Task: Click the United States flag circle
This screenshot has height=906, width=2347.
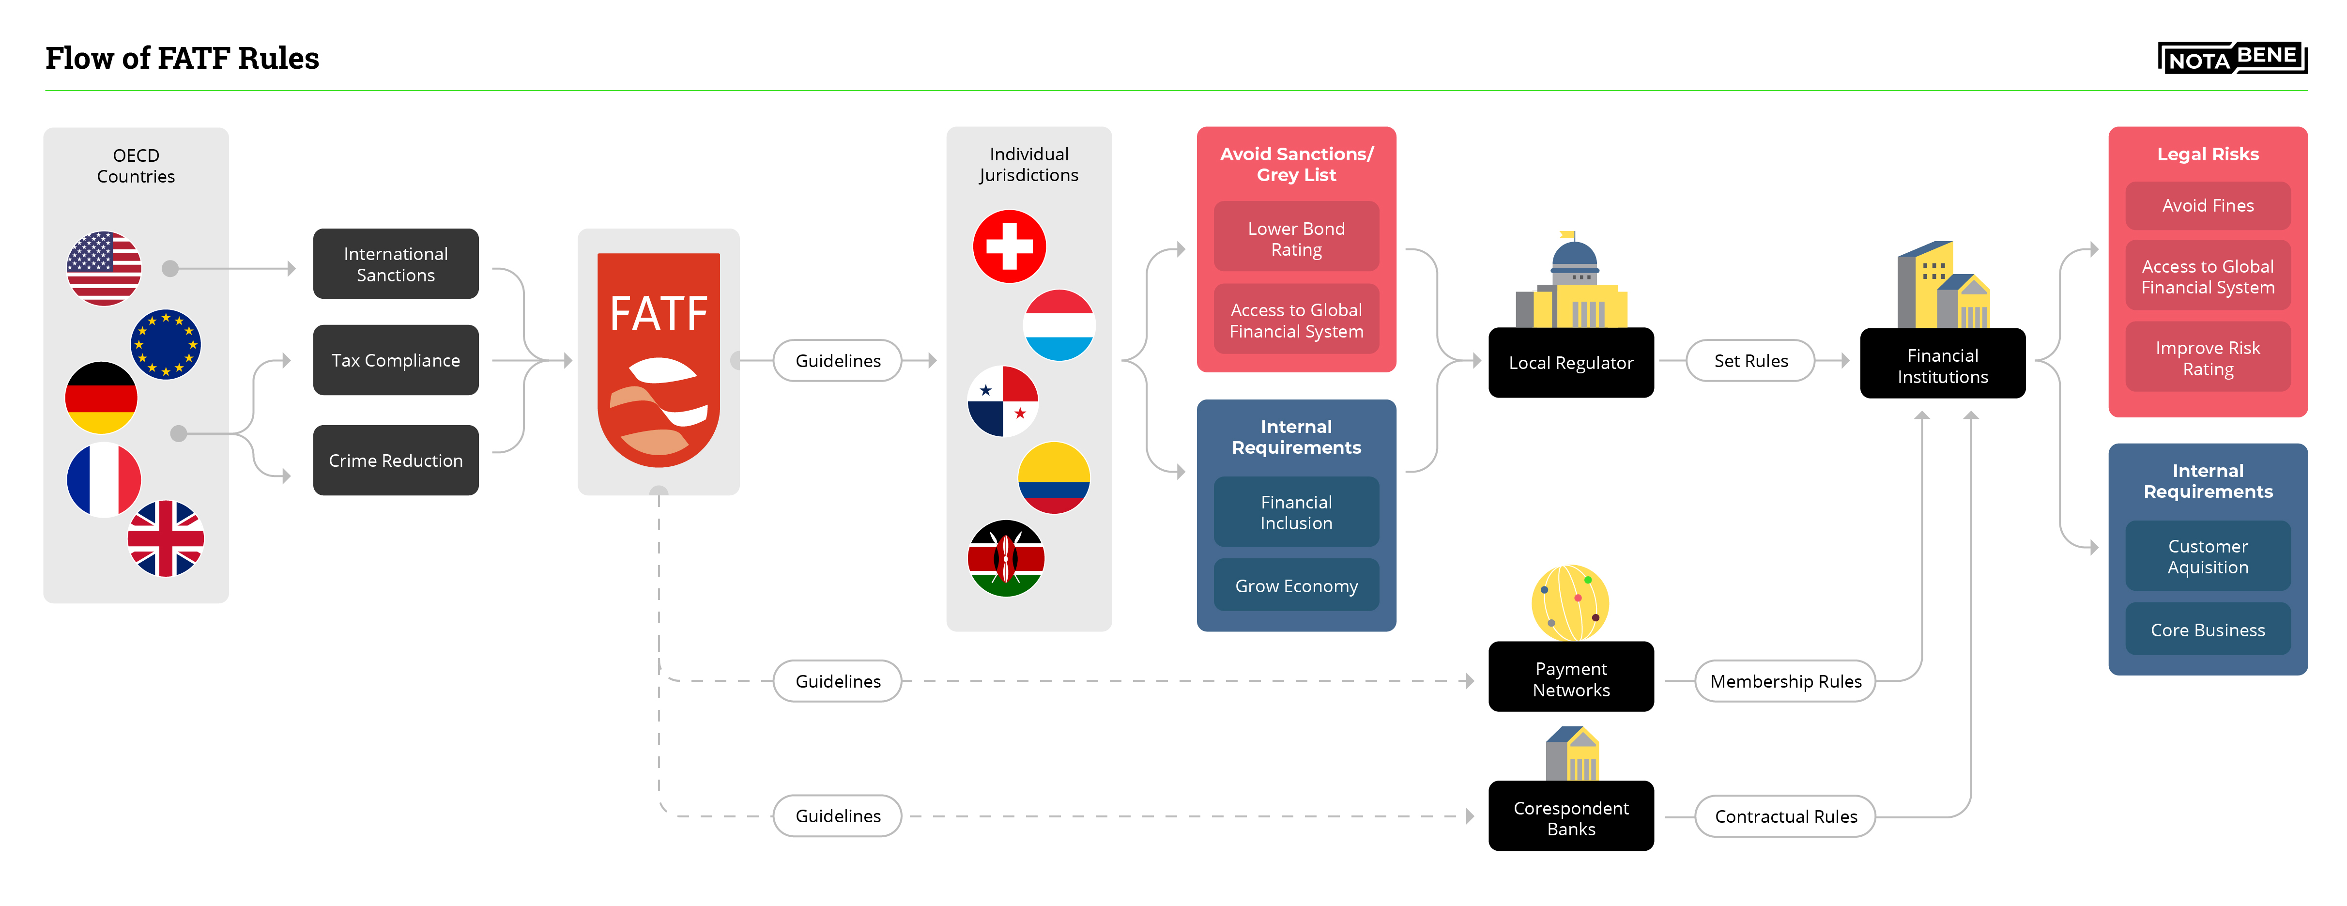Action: [104, 268]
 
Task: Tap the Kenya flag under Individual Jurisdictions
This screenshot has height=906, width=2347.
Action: [1006, 558]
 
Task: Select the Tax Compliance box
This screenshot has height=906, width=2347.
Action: [396, 360]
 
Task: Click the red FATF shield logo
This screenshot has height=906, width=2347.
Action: [659, 360]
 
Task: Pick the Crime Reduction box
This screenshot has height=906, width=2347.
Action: [396, 461]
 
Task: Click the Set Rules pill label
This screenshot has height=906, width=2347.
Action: [1750, 361]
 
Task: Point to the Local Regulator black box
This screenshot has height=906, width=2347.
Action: [1571, 363]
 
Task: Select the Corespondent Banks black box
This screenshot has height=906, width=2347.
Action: [1571, 817]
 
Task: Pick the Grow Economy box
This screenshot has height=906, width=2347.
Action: [1296, 585]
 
